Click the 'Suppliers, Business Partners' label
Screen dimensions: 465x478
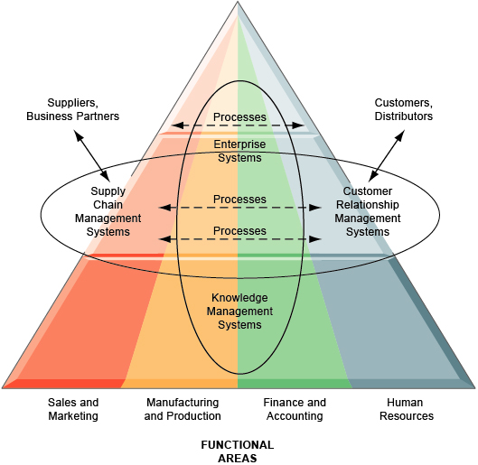click(72, 109)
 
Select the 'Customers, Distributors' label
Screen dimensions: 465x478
click(403, 109)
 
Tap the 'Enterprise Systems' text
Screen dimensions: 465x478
click(239, 151)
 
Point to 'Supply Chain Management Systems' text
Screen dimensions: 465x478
click(108, 211)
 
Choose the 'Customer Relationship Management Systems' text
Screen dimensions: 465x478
click(368, 211)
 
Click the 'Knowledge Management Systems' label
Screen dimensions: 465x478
click(239, 312)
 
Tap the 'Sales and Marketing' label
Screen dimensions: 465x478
click(73, 409)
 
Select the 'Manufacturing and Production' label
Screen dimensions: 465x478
click(183, 409)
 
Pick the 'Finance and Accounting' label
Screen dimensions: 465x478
click(294, 409)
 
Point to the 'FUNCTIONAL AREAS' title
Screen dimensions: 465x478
click(238, 451)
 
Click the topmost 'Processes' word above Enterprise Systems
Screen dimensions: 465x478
click(239, 118)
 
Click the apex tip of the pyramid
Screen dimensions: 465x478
click(238, 3)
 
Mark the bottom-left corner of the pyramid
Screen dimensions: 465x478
click(4, 386)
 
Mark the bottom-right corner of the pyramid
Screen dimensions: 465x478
click(473, 386)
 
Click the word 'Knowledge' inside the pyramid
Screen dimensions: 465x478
click(239, 299)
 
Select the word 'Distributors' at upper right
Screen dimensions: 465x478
click(403, 116)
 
